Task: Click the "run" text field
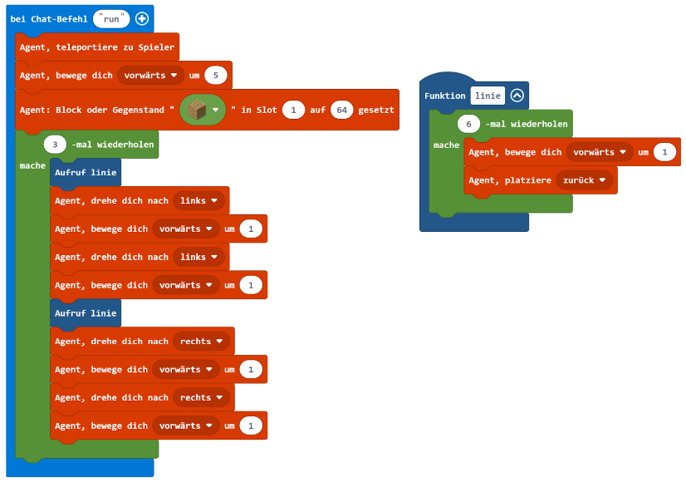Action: pos(111,18)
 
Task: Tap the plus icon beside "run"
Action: pos(142,18)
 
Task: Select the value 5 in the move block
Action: pos(216,76)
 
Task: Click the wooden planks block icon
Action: pos(197,110)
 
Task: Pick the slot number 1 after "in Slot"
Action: pos(293,110)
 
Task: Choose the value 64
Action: pos(341,110)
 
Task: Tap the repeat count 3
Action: pos(55,144)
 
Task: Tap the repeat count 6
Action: pos(469,124)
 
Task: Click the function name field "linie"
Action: pos(488,96)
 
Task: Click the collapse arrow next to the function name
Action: pos(517,96)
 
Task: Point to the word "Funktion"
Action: pos(445,96)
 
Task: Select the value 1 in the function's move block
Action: pos(664,152)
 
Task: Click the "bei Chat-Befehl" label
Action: pos(48,18)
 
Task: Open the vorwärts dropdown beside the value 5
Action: pos(150,76)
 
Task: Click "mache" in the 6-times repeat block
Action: pos(446,145)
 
